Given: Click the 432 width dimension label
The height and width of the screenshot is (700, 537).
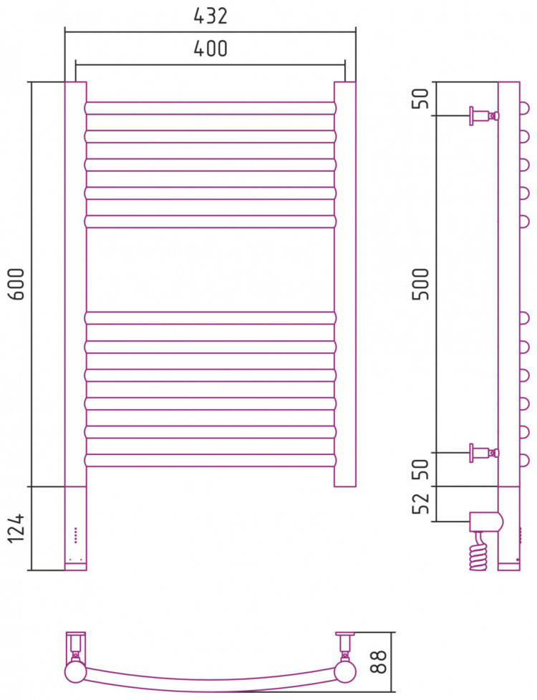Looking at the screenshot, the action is [x=211, y=16].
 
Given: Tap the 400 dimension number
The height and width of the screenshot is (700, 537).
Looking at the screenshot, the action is [x=211, y=48].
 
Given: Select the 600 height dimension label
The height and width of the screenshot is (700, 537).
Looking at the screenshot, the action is [x=17, y=284].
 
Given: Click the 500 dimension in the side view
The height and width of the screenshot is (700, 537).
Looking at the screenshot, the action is [x=420, y=284].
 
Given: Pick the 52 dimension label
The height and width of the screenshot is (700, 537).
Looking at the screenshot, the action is [x=420, y=503].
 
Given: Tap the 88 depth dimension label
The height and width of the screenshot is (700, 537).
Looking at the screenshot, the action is [x=378, y=661].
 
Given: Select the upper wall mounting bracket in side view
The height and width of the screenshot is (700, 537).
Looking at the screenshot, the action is [x=484, y=116].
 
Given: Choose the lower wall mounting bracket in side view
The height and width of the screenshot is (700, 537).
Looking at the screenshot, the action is [x=484, y=453].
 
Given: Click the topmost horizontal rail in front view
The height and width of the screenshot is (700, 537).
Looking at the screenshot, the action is [x=211, y=108].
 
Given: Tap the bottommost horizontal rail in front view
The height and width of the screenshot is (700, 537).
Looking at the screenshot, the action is [x=211, y=461].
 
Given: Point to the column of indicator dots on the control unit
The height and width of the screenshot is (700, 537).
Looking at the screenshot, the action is [x=75, y=535].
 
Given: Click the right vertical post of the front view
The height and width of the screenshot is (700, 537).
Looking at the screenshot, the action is [x=345, y=284].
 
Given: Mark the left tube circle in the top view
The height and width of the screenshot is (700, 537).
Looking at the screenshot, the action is [x=75, y=671].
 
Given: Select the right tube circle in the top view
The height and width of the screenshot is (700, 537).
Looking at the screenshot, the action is [x=345, y=671].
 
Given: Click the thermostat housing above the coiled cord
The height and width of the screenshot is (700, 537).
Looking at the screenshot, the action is [x=486, y=522].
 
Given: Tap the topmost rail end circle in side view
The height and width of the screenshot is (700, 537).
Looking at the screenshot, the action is [x=525, y=108].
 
